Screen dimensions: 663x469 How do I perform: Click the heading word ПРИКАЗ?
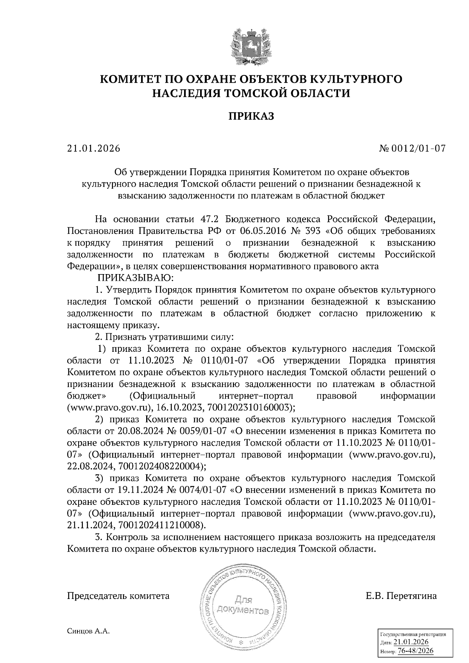[251, 116]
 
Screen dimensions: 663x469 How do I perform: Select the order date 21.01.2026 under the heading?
[93, 148]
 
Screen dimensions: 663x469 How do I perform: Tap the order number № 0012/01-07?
[412, 148]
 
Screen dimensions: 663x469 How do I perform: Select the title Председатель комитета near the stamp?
[118, 596]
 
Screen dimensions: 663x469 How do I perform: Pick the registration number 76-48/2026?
[415, 651]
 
